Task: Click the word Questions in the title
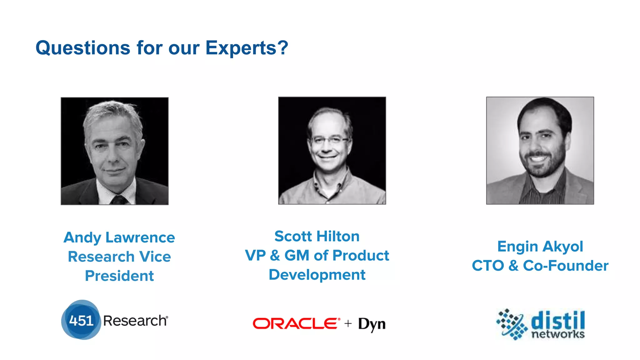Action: coord(82,48)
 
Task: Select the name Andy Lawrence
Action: coord(119,237)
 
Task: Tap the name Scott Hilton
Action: coord(317,236)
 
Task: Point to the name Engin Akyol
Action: coord(540,247)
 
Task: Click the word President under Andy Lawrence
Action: coord(119,276)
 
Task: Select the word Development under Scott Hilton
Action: coord(317,275)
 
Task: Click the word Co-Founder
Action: coord(566,266)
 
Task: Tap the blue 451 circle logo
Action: coord(81,320)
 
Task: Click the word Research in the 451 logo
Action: coord(135,321)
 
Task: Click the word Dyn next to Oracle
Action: coord(372,324)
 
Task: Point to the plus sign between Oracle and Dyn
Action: coord(348,323)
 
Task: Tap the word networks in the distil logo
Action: coord(558,334)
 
